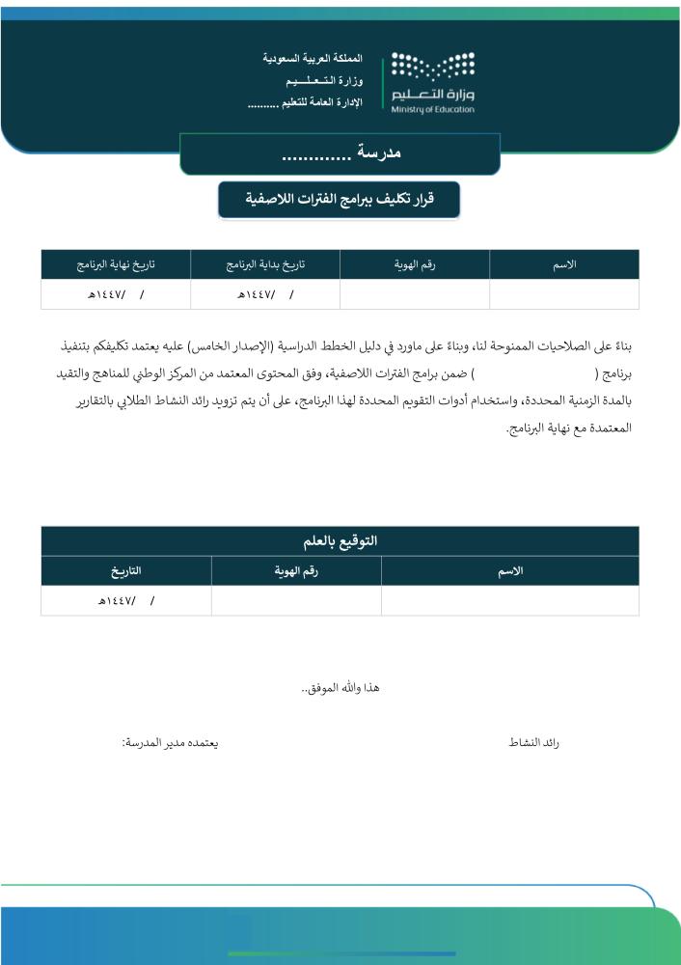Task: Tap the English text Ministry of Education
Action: pyautogui.click(x=433, y=110)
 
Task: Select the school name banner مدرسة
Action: pyautogui.click(x=340, y=153)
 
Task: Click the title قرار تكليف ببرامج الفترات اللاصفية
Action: pyautogui.click(x=339, y=199)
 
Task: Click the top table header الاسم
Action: pyautogui.click(x=564, y=264)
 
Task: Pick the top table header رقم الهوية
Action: pyautogui.click(x=415, y=264)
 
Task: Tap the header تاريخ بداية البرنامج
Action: pyautogui.click(x=265, y=264)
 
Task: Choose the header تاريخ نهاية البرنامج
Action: pyautogui.click(x=116, y=264)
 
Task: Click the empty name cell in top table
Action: pyautogui.click(x=564, y=293)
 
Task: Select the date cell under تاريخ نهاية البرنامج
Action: pyautogui.click(x=116, y=293)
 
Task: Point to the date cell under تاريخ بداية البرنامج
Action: pyautogui.click(x=265, y=293)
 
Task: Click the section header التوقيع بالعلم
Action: pyautogui.click(x=340, y=540)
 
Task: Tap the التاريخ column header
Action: pyautogui.click(x=126, y=571)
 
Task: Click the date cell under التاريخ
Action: pyautogui.click(x=126, y=600)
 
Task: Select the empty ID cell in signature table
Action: pyautogui.click(x=296, y=600)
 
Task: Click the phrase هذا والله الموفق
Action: pyautogui.click(x=340, y=687)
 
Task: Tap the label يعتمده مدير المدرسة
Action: pyautogui.click(x=170, y=743)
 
